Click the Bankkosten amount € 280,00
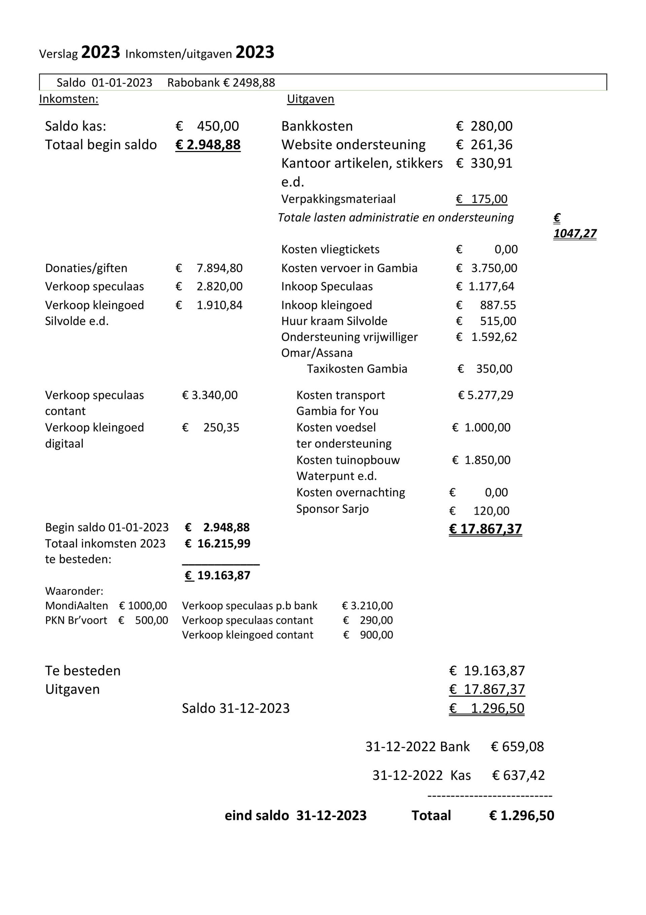point(484,126)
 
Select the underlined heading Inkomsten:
point(68,99)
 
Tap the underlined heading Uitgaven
point(310,99)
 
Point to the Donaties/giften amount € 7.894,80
point(209,268)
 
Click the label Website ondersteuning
point(353,145)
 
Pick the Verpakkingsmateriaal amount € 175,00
point(482,199)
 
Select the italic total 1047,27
point(575,234)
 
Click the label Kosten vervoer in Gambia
point(349,268)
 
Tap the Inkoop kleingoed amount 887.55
point(498,305)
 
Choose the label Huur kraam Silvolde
point(334,321)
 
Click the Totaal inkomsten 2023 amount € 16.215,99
point(218,543)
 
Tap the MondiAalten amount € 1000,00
point(143,606)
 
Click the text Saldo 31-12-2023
point(236,708)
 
